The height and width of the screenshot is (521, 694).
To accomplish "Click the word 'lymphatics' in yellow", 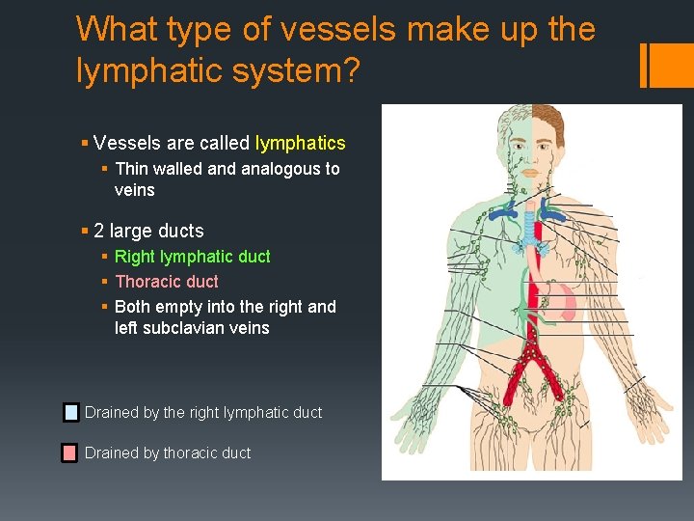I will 300,144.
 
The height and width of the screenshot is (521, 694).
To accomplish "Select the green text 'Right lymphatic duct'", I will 192,257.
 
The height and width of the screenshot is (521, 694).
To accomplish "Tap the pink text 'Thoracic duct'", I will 167,282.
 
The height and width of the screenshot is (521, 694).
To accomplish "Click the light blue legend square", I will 70,413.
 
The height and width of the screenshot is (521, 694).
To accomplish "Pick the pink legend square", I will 70,452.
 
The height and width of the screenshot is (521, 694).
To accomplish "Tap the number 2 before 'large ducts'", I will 99,232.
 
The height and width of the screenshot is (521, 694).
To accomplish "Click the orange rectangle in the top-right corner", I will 666,65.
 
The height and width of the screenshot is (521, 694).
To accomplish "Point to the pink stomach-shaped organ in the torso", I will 564,301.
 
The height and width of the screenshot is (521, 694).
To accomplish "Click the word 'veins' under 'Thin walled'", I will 134,190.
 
